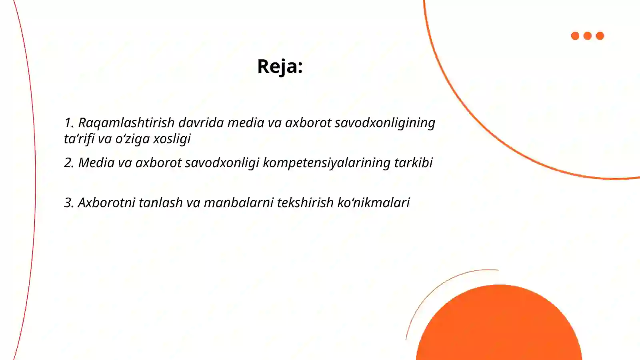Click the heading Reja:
280,66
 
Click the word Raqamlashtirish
126,123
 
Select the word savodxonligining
385,123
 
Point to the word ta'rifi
79,139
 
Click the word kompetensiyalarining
326,163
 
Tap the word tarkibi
413,163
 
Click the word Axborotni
106,203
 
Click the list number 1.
68,123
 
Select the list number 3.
68,203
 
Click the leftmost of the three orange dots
575,36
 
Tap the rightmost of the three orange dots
600,36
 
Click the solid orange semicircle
499,324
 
